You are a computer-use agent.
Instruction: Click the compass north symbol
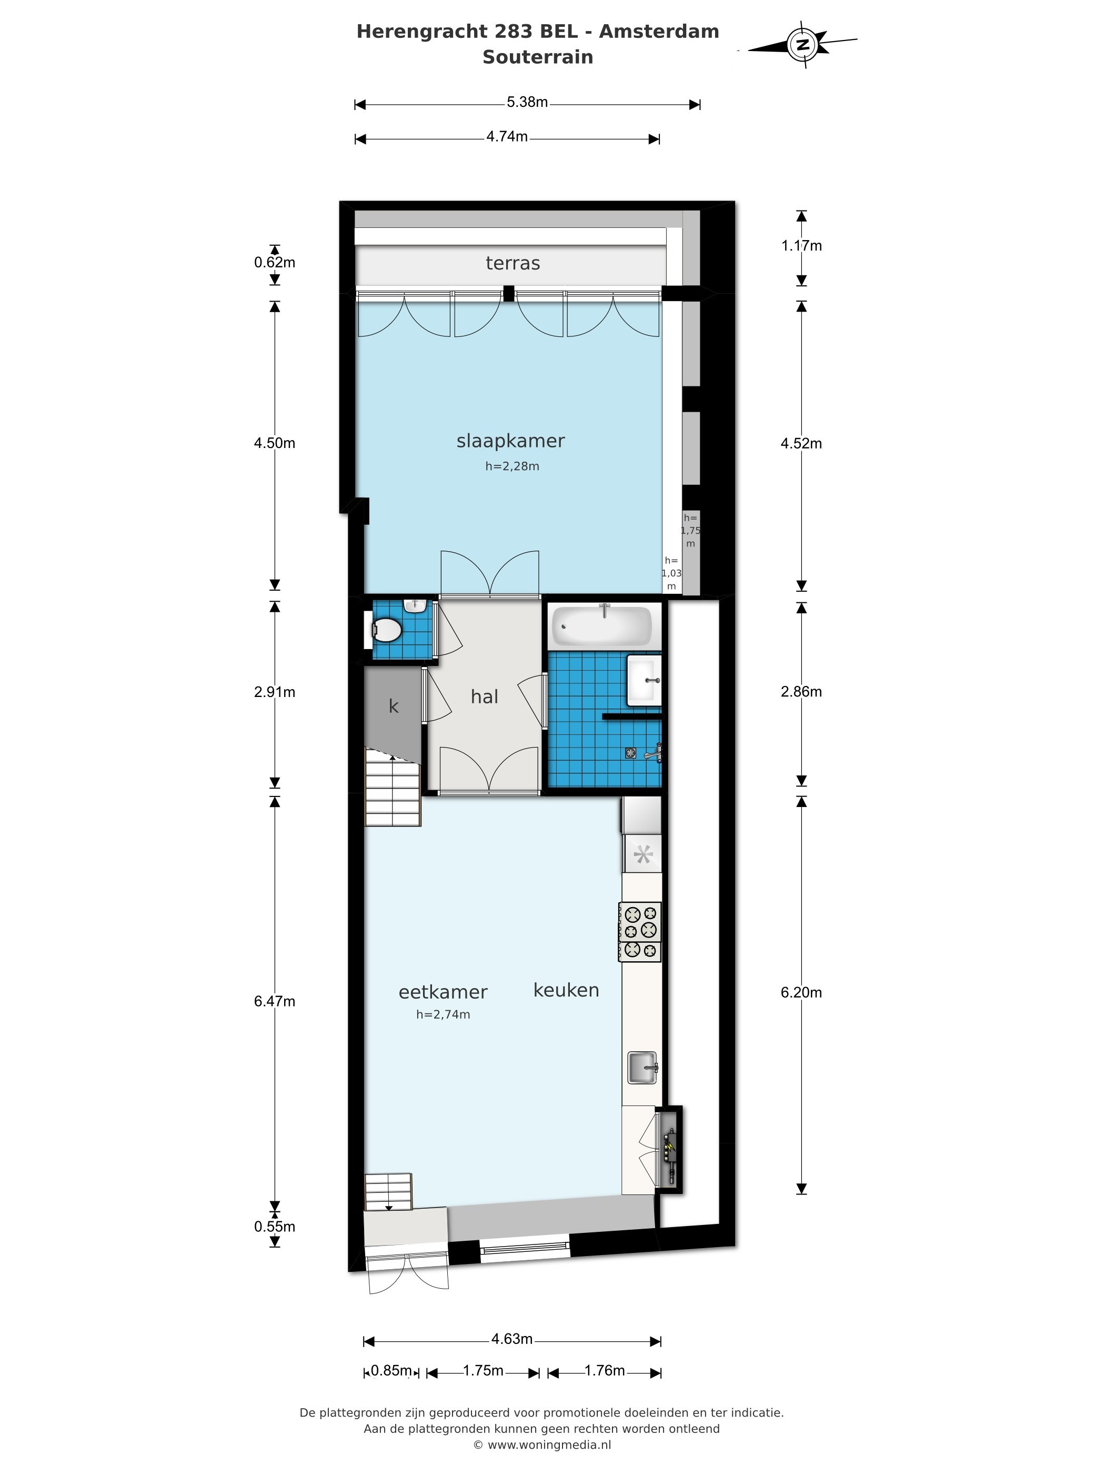[x=803, y=45]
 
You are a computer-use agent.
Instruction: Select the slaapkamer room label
[x=510, y=441]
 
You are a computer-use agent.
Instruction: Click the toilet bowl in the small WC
[x=386, y=629]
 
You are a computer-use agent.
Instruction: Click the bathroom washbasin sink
[x=644, y=680]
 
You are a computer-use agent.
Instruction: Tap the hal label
[x=484, y=696]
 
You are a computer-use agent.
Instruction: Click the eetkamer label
[x=443, y=992]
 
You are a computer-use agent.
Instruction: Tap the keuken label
[x=566, y=990]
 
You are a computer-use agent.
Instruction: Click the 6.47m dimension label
[x=275, y=1001]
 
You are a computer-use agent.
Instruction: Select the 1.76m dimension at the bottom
[x=604, y=1370]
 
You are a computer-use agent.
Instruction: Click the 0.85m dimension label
[x=391, y=1370]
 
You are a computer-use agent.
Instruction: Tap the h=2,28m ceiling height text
[x=512, y=466]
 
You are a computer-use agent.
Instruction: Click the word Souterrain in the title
[x=538, y=57]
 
